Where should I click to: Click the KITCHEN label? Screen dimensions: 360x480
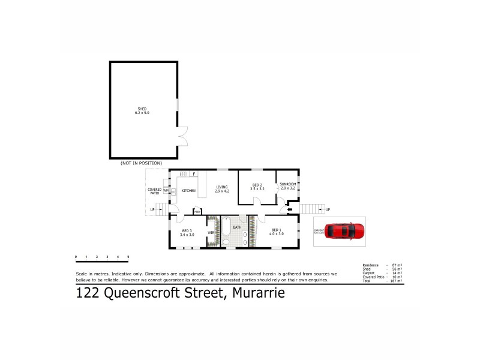(x=188, y=191)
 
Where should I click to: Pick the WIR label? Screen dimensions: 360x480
(x=211, y=231)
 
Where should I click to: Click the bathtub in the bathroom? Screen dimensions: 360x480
(x=226, y=231)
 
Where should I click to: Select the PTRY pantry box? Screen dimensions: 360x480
(x=196, y=211)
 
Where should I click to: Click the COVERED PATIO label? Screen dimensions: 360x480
(x=155, y=191)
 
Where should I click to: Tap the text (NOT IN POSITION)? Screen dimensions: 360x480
(x=137, y=163)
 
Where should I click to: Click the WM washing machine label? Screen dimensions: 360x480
(x=166, y=191)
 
